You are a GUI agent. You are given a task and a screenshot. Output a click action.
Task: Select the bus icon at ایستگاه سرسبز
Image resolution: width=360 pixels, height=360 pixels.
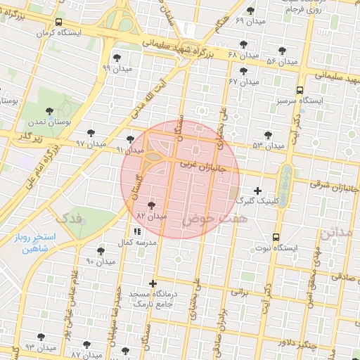pos(300,90)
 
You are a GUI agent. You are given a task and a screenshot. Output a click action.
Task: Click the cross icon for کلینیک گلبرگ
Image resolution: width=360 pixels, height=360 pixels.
pos(257,191)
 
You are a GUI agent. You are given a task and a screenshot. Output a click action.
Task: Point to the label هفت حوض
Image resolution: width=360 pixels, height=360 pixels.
pos(206,220)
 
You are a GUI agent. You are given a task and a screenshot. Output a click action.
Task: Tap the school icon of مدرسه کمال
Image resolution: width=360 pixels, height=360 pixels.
pos(136,231)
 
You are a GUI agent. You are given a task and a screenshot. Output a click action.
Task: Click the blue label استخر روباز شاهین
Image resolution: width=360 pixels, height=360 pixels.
pos(34,243)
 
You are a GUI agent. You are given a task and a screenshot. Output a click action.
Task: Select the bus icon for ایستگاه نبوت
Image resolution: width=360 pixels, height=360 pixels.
pos(276,237)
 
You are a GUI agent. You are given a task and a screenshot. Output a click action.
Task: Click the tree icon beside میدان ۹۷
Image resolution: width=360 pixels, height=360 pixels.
pos(91,132)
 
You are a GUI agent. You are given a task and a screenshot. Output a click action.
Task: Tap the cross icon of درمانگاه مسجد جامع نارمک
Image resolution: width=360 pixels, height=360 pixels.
pos(153,283)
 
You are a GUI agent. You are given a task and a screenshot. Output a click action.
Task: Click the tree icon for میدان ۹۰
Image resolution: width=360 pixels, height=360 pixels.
pos(101,251)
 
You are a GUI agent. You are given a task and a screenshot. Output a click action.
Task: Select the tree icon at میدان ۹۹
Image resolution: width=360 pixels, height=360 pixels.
pos(117,58)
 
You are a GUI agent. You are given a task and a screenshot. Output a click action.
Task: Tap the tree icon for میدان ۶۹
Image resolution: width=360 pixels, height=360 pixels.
pos(251,10)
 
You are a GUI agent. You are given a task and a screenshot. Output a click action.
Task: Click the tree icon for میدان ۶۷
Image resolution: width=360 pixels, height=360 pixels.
pos(243,71)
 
